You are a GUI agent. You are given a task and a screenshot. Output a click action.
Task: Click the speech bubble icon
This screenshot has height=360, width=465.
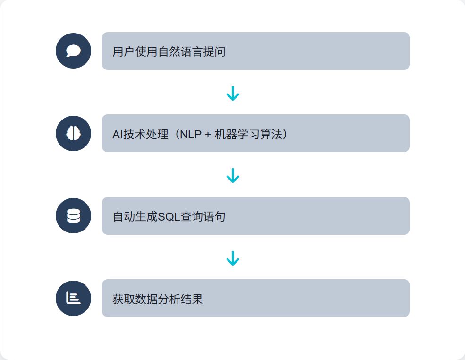click(73, 51)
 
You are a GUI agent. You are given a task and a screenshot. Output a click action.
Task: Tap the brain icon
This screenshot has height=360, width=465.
click(73, 134)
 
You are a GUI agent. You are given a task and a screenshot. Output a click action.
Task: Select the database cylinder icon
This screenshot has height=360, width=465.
click(73, 216)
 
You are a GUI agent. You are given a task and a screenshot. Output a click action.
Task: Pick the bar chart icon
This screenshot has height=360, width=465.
click(73, 298)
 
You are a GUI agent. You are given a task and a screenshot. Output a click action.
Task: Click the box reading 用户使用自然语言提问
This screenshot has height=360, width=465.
click(255, 51)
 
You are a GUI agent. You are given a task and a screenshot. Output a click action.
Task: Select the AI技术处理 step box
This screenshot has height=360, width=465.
click(255, 133)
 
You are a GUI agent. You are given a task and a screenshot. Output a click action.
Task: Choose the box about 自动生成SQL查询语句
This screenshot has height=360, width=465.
click(255, 216)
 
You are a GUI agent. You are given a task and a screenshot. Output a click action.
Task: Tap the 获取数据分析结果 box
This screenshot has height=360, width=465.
click(255, 298)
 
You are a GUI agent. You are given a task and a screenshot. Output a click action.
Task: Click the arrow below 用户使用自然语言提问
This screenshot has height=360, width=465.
click(233, 93)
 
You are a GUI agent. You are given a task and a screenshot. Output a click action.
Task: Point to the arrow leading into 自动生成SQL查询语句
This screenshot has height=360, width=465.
click(233, 175)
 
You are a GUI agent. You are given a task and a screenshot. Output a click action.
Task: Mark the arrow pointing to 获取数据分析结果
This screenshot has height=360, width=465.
click(233, 258)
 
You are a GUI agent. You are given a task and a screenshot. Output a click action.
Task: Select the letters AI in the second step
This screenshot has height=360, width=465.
click(118, 134)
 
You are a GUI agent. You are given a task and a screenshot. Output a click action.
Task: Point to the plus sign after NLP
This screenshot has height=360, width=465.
click(208, 135)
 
